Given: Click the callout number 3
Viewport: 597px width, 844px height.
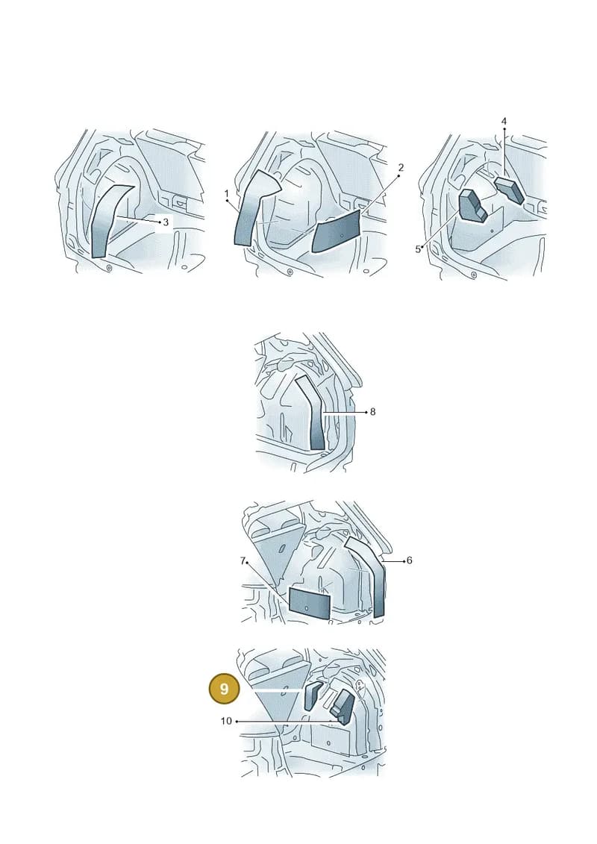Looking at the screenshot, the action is pyautogui.click(x=166, y=222).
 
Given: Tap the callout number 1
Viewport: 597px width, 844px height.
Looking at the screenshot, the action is pyautogui.click(x=227, y=193).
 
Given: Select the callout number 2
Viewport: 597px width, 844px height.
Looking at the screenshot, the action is pyautogui.click(x=401, y=168).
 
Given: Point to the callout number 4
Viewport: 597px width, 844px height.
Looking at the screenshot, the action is pyautogui.click(x=504, y=122).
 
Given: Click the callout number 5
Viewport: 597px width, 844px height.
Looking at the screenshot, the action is pyautogui.click(x=418, y=249).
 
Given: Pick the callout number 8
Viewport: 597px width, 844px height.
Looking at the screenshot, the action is pyautogui.click(x=372, y=413).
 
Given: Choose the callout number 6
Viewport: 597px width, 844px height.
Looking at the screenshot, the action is pyautogui.click(x=409, y=560).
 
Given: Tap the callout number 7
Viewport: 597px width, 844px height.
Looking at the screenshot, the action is pyautogui.click(x=243, y=561).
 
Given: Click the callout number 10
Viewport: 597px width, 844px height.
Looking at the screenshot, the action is pyautogui.click(x=226, y=721).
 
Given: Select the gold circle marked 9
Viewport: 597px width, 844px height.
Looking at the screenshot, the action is pyautogui.click(x=224, y=689).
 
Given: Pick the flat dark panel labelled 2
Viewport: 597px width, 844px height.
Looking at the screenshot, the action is pyautogui.click(x=336, y=232).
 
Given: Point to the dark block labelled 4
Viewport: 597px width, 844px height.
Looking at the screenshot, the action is pyautogui.click(x=509, y=190).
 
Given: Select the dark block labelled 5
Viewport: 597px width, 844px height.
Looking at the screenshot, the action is pyautogui.click(x=472, y=206).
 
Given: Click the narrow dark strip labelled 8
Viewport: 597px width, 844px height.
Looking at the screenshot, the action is pyautogui.click(x=315, y=414).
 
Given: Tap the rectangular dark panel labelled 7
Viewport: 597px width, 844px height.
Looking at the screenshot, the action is pyautogui.click(x=309, y=603).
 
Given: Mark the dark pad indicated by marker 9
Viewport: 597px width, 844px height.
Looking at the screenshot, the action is pyautogui.click(x=313, y=695).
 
